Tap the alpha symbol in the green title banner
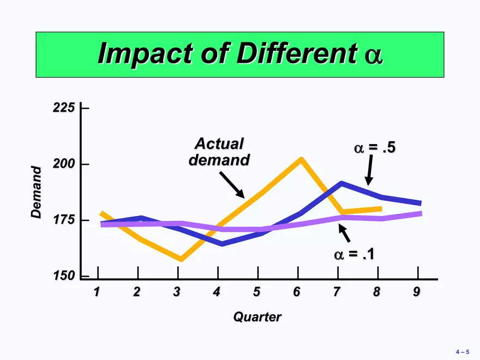point(374,56)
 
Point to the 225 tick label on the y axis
point(64,108)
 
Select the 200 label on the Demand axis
point(64,164)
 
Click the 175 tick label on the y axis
point(64,220)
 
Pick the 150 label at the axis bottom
point(64,275)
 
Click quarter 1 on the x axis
point(97,292)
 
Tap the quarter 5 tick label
point(256,292)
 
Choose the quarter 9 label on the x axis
point(416,292)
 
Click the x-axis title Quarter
point(257,317)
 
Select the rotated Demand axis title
point(36,192)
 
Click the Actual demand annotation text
point(219,152)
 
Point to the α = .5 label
point(375,148)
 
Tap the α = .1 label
point(354,254)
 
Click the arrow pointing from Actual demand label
point(232,185)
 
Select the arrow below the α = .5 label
point(369,170)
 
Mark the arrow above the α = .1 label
point(344,233)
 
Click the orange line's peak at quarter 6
point(302,159)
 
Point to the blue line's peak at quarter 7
point(341,183)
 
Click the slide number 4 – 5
point(462,352)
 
